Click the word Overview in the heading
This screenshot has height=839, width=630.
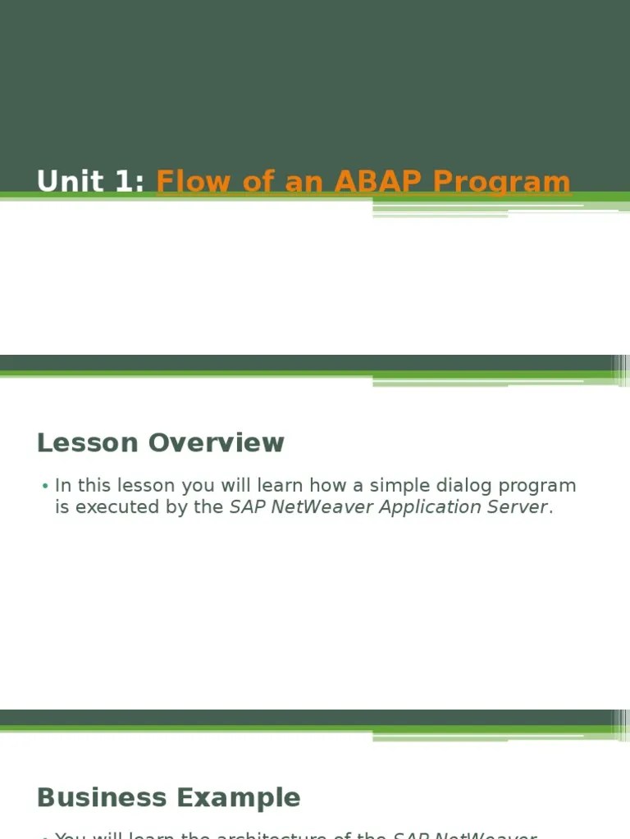click(217, 442)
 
